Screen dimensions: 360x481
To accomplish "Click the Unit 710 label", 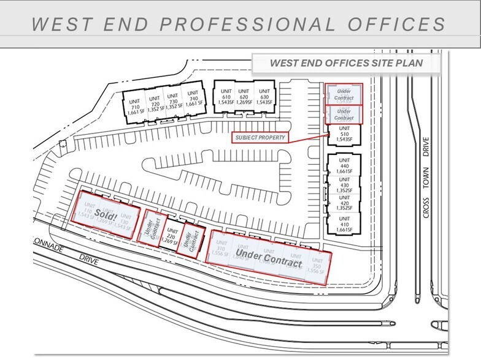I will (x=134, y=103).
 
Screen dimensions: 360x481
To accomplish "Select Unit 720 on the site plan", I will (x=154, y=103).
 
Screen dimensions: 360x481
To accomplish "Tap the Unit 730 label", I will (x=173, y=103).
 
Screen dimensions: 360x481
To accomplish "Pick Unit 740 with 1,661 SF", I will (x=193, y=103).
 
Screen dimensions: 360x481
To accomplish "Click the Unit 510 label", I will (x=343, y=134).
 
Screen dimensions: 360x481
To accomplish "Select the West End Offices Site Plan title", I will (x=347, y=64).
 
